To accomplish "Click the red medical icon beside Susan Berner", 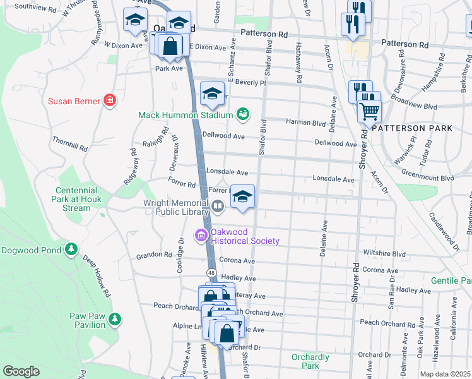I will tap(110, 100).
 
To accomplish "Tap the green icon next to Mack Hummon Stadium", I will tap(242, 114).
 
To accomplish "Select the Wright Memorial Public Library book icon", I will tap(217, 205).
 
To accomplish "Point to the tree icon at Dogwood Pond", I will tap(71, 250).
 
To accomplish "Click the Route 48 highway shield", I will tap(211, 272).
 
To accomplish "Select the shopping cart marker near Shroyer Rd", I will tap(369, 111).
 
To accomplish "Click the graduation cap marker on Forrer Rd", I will tap(242, 196).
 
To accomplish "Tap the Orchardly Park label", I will tap(310, 361).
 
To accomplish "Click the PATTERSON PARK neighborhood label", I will tap(411, 128).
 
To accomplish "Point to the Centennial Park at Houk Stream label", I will tap(76, 199).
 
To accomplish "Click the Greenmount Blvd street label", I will tap(428, 178).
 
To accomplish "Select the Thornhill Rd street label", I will tap(70, 143).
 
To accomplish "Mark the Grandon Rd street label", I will tap(154, 256).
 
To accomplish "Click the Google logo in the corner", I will tap(21, 371).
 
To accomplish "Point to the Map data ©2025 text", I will tap(444, 374).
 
